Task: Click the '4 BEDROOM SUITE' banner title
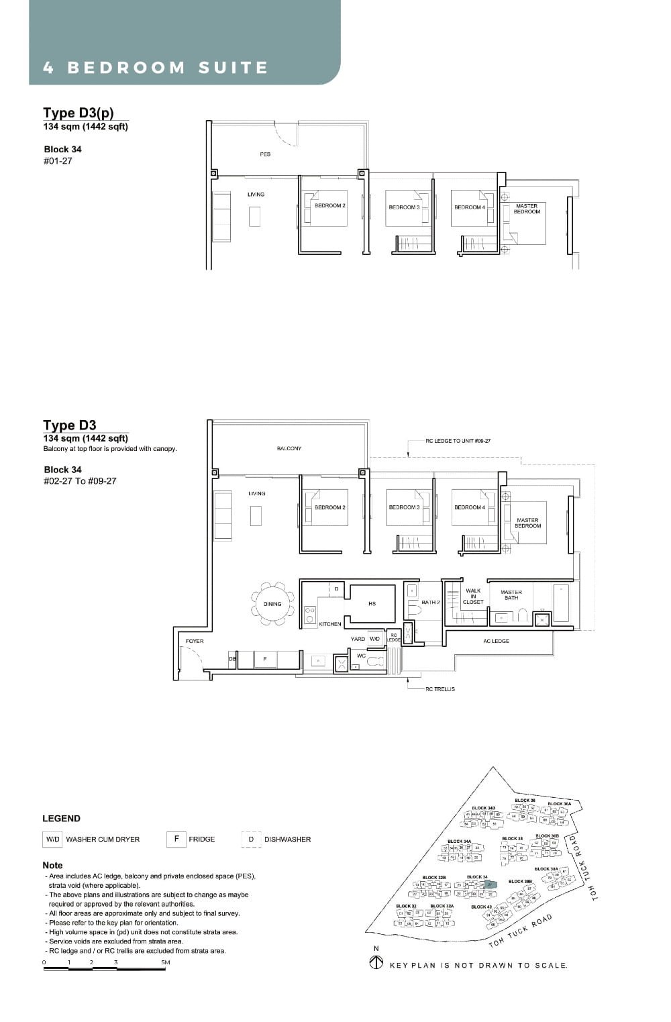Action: pyautogui.click(x=155, y=68)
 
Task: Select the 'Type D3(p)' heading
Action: pyautogui.click(x=79, y=113)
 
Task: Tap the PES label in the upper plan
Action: pyautogui.click(x=265, y=154)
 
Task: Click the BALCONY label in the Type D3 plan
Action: pyautogui.click(x=289, y=448)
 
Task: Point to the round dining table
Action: pyautogui.click(x=272, y=604)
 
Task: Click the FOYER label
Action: pyautogui.click(x=195, y=642)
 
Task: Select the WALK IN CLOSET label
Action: pyautogui.click(x=473, y=597)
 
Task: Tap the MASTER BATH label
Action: pyautogui.click(x=511, y=595)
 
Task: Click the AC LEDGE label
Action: pyautogui.click(x=496, y=642)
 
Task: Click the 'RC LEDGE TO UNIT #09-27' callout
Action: pyautogui.click(x=458, y=442)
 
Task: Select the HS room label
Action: pyautogui.click(x=372, y=604)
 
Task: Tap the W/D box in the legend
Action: pyautogui.click(x=52, y=839)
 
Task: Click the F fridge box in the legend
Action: pyautogui.click(x=176, y=839)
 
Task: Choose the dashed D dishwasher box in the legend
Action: pyautogui.click(x=251, y=839)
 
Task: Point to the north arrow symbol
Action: pyautogui.click(x=376, y=964)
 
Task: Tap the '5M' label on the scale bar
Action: pyautogui.click(x=165, y=962)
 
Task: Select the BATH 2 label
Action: pyautogui.click(x=430, y=603)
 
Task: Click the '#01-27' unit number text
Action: pyautogui.click(x=58, y=161)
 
